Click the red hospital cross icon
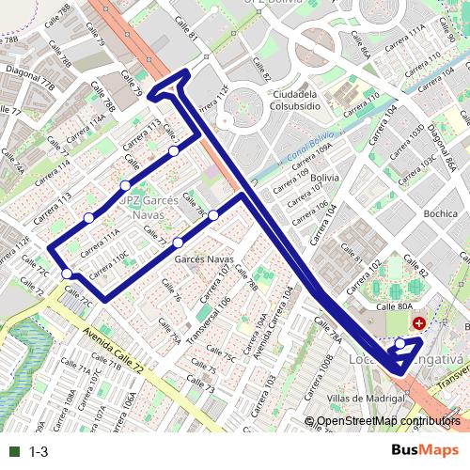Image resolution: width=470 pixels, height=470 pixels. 418,322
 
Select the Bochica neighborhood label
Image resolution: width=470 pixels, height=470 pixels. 439,213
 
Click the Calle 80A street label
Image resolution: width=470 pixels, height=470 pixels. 395,305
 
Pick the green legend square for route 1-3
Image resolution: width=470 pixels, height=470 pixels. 13,451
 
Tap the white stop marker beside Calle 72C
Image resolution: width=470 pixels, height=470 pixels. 67,274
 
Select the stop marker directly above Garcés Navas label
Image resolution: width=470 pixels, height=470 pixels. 178,243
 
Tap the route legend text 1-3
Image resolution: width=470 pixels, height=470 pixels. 39,451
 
